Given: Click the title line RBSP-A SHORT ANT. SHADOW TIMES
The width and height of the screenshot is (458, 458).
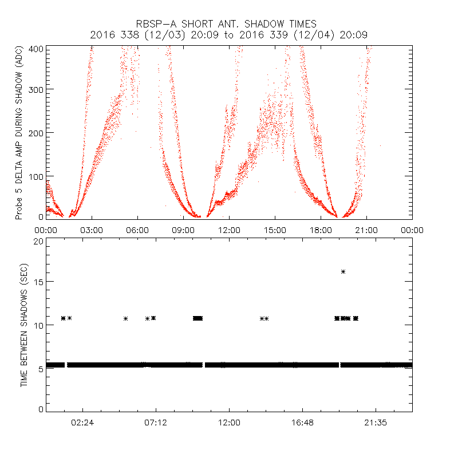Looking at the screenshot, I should tap(226, 24).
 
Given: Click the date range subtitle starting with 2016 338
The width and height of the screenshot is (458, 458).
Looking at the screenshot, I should tap(228, 35).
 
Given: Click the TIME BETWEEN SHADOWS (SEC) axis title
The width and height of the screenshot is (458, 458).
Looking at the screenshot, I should tap(24, 325).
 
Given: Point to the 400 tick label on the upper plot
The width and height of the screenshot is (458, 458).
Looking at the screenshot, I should tap(36, 49).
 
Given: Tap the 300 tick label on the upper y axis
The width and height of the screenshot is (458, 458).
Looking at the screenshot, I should tap(36, 89).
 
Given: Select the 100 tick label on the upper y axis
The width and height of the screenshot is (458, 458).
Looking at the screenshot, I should tap(36, 176).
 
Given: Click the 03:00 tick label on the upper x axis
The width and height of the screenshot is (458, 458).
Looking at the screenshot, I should tap(92, 230).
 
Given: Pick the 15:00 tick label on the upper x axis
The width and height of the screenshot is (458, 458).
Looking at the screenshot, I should tap(275, 230).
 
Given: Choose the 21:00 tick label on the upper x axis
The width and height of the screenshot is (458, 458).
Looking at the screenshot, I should tap(366, 230).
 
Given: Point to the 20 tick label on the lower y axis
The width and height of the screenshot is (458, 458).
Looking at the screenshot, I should tap(38, 241).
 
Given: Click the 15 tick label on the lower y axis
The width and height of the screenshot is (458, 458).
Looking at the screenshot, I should tap(38, 282).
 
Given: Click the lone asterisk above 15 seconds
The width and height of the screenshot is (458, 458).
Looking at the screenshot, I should tap(343, 271).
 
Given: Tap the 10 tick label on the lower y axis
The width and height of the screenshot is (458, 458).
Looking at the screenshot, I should tap(38, 325).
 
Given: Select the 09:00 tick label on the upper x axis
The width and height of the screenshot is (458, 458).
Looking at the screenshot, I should tap(183, 230).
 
